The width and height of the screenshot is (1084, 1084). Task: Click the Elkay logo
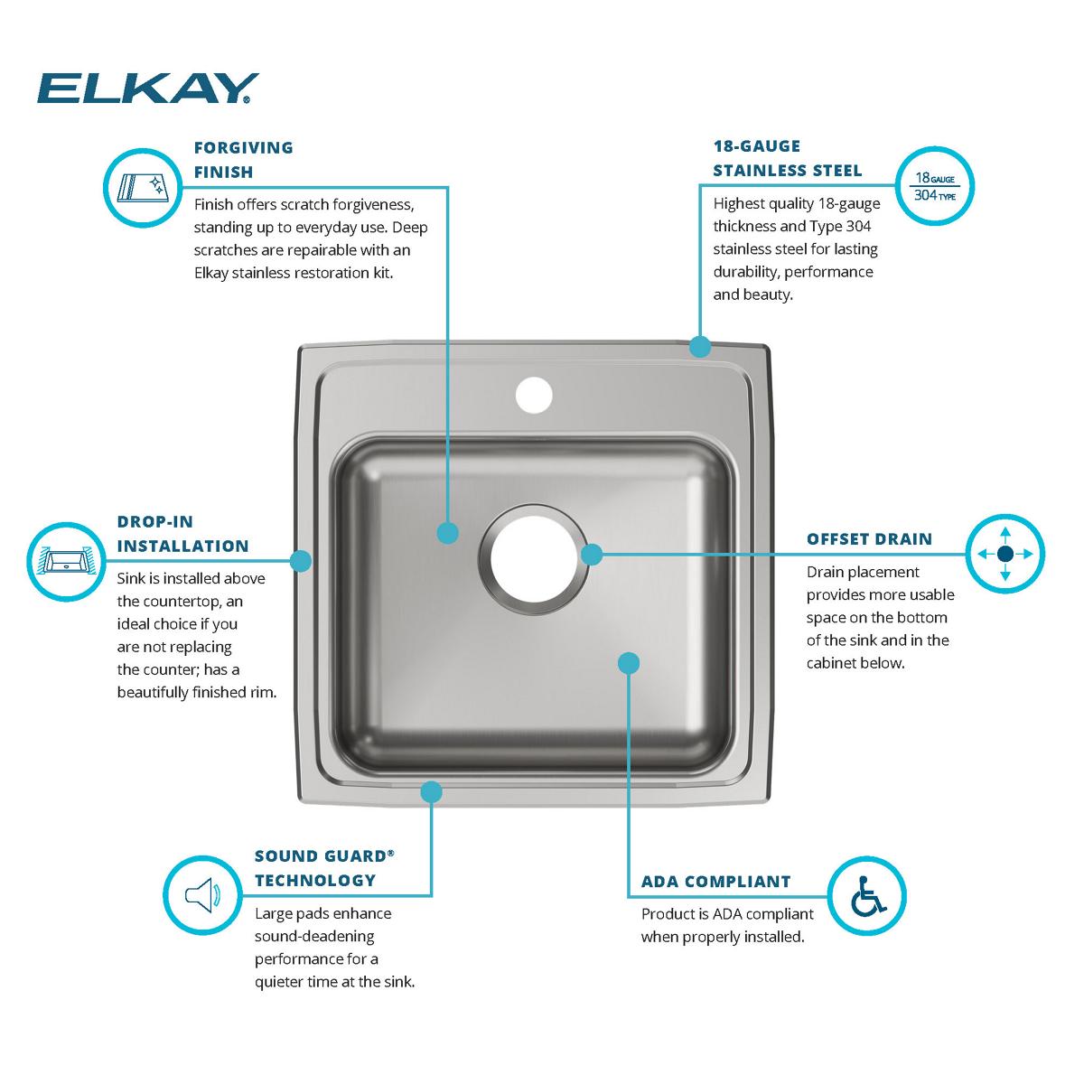[147, 89]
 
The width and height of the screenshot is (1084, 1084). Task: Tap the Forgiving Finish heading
[243, 159]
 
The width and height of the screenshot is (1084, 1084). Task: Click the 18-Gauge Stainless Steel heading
[787, 158]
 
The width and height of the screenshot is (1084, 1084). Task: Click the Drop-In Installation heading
[182, 534]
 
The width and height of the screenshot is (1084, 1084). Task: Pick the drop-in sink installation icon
[65, 561]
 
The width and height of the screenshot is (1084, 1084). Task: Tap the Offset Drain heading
[869, 539]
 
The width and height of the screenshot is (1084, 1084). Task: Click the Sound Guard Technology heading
[323, 868]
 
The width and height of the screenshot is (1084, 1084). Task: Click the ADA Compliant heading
[715, 882]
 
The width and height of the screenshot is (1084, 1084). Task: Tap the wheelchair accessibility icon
[866, 895]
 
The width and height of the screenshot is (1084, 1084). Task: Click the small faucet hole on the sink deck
[533, 395]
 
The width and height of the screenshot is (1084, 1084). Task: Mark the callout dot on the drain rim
[592, 554]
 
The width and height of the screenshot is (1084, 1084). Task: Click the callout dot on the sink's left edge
[302, 561]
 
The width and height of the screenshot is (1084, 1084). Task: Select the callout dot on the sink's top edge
[699, 346]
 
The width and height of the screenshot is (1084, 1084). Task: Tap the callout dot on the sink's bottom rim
[431, 792]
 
